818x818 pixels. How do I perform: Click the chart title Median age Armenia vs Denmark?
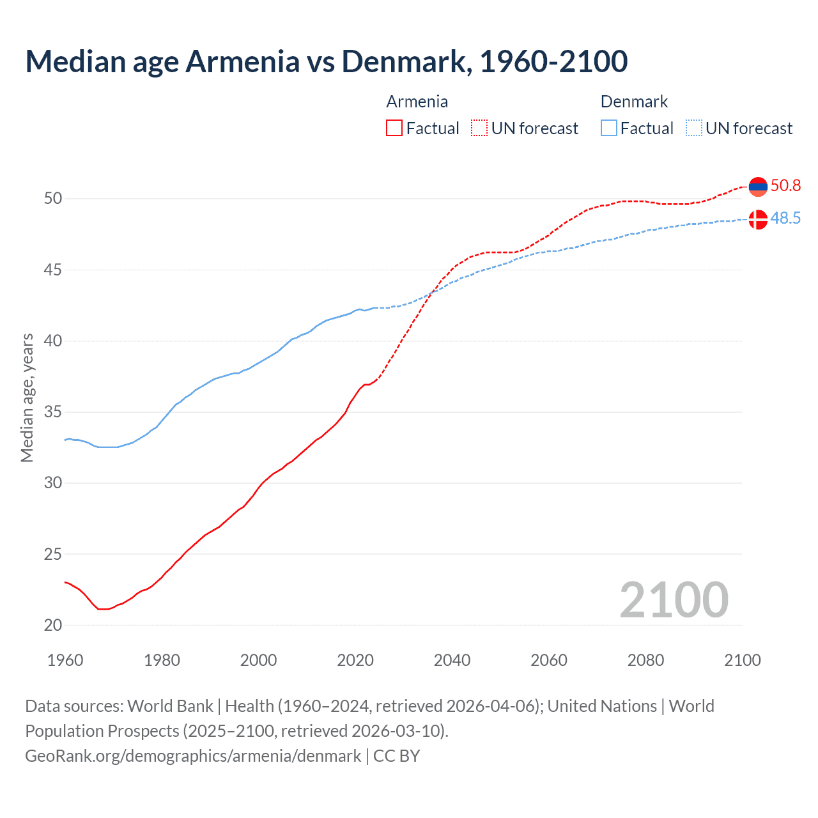[326, 61]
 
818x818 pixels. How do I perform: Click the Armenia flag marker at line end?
[757, 187]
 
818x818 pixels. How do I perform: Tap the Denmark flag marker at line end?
[757, 219]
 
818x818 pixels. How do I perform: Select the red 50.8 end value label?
[785, 186]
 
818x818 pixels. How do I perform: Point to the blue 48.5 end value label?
[785, 219]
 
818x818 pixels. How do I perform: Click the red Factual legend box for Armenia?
[394, 128]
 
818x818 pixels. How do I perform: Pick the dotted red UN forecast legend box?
[479, 128]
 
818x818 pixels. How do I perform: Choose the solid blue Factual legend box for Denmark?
[608, 128]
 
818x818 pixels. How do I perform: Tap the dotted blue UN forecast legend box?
[693, 128]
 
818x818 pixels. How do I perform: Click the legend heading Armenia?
[417, 102]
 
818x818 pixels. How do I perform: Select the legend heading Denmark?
[634, 102]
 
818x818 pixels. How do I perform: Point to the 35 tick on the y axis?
[53, 412]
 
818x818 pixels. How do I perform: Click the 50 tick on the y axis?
[53, 199]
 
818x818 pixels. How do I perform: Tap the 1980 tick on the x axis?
[162, 660]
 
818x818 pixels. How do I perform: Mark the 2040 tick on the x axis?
[452, 660]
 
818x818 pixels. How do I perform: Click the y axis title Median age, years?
[27, 397]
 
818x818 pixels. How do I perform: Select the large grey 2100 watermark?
[674, 600]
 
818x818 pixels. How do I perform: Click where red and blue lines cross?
[433, 291]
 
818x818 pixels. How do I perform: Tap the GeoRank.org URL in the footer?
[193, 756]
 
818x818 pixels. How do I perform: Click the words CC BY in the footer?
[396, 756]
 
